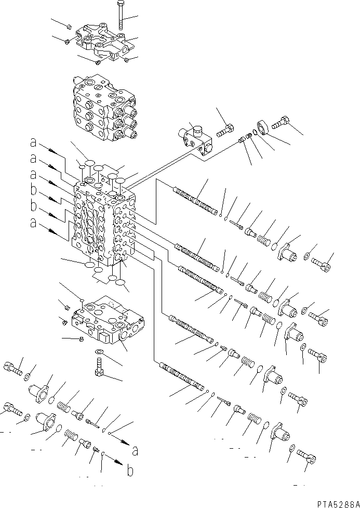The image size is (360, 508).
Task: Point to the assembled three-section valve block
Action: pos(103,108)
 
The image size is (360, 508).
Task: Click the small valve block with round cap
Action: pos(195,140)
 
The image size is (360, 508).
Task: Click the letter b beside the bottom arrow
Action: pos(130,471)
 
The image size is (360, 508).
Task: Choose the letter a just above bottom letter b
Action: pos(135,451)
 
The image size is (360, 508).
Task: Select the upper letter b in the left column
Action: pos(34,190)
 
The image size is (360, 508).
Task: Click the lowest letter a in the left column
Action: pos(34,223)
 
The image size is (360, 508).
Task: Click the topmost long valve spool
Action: pos(195,201)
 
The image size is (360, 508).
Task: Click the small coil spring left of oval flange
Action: pos(249,136)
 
